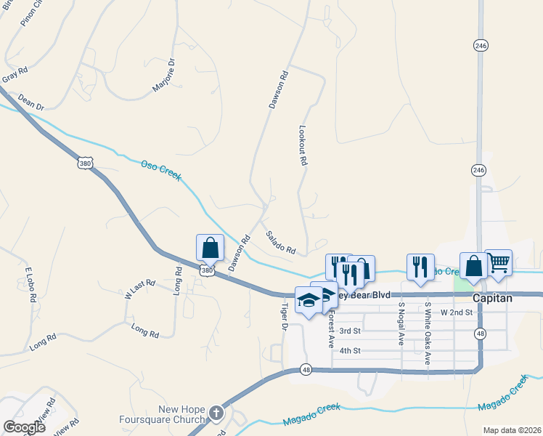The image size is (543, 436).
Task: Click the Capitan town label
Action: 493,298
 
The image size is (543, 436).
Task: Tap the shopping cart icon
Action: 499,263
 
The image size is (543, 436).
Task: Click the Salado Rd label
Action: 280,242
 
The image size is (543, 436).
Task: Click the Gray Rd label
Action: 15,74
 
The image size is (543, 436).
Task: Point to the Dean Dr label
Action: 31,100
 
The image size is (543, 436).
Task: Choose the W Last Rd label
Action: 140,289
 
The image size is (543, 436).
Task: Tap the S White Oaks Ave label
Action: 428,332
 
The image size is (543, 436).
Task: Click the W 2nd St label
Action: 457,312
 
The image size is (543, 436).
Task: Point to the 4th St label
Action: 350,351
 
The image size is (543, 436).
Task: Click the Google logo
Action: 24,427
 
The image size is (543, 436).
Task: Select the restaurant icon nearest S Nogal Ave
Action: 420,267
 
